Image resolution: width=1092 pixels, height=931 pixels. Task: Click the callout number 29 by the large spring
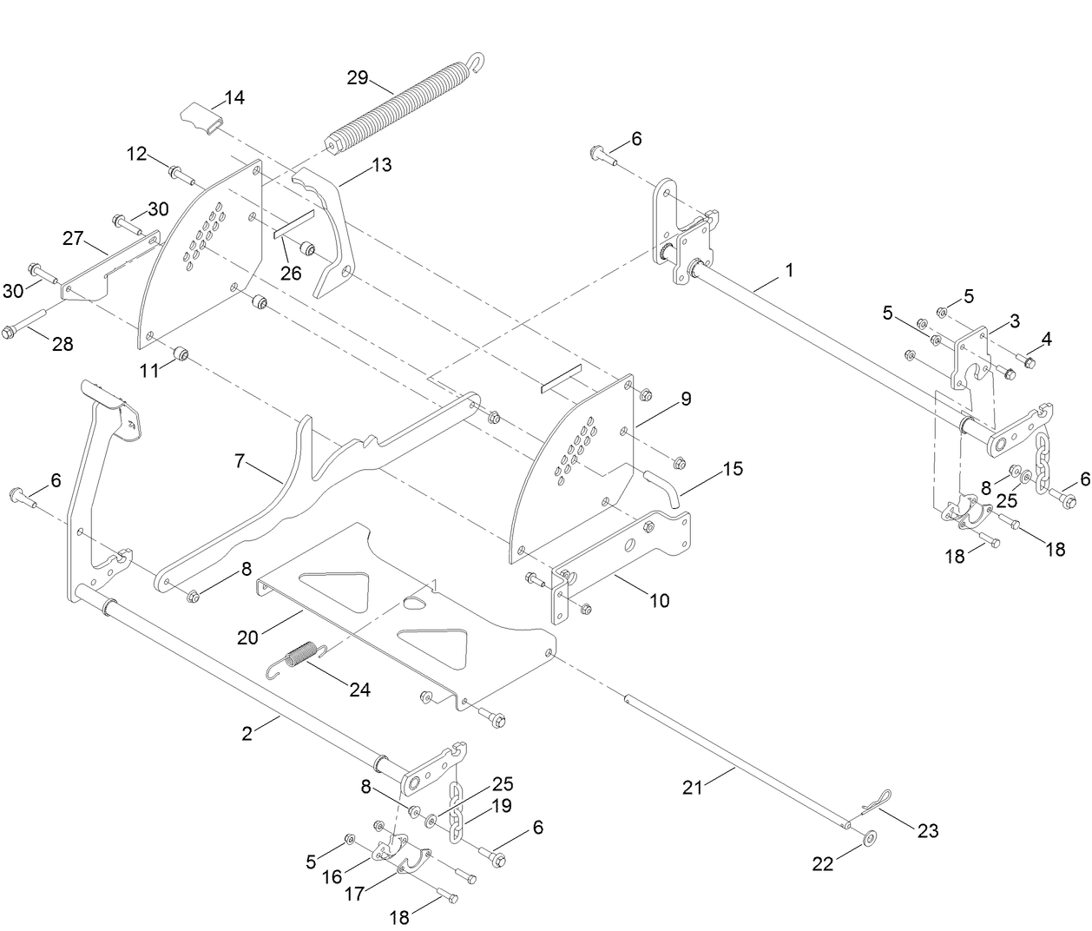point(358,77)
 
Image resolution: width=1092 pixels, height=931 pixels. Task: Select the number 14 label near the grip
point(234,97)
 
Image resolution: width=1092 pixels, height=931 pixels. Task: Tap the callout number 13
point(381,164)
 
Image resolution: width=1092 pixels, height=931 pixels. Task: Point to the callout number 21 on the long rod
point(692,788)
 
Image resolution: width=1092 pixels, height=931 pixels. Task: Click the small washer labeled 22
point(869,839)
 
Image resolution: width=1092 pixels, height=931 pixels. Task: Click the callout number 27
point(72,238)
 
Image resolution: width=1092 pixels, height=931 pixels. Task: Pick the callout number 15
point(732,469)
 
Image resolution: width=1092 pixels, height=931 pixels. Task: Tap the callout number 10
point(660,600)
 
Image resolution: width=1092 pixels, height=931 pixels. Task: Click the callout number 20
point(248,638)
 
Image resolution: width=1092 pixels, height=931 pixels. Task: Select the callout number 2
point(247,734)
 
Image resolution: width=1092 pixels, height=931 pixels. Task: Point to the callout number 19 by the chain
point(503,805)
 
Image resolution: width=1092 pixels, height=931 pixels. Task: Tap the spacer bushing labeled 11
point(181,353)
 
